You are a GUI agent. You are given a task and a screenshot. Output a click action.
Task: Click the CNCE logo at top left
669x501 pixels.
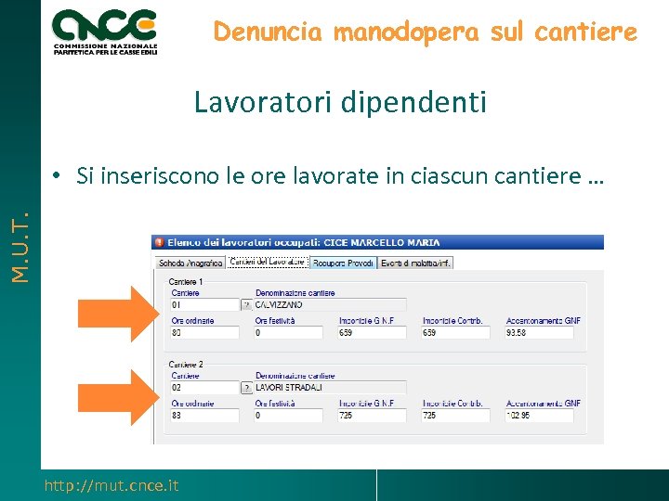[x=105, y=31]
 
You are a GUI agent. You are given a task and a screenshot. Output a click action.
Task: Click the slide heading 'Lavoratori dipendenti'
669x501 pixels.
[x=340, y=102]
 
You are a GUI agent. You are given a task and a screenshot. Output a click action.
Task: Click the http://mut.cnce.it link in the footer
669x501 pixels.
[x=111, y=485]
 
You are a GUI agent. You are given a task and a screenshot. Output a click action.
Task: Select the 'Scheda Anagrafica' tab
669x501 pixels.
[x=190, y=263]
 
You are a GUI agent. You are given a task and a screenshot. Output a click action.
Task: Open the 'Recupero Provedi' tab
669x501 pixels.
[x=343, y=263]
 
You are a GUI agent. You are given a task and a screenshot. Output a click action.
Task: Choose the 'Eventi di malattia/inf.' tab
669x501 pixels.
[x=414, y=263]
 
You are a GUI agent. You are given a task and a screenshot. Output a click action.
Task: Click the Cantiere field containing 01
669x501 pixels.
[x=204, y=304]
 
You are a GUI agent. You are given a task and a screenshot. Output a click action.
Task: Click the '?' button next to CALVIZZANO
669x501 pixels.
[x=246, y=304]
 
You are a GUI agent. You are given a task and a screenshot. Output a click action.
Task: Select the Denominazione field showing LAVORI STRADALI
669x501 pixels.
[x=329, y=387]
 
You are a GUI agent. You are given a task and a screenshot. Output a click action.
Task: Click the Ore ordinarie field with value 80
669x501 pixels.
[x=204, y=332]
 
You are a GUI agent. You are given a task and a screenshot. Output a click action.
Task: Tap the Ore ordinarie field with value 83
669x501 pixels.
[x=204, y=416]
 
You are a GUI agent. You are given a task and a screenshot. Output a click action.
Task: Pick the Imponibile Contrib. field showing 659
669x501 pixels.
[x=455, y=332]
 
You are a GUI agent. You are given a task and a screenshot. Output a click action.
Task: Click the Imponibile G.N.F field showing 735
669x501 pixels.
[x=372, y=416]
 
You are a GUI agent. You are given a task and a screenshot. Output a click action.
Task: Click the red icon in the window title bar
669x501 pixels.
[x=159, y=242]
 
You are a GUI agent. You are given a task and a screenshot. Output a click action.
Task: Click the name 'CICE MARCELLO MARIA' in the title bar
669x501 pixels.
[x=381, y=242]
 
